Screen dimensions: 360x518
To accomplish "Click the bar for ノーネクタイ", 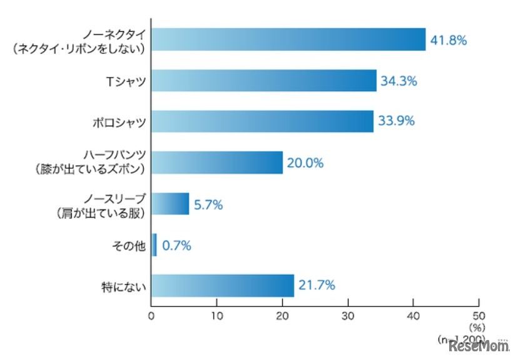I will tap(288, 39).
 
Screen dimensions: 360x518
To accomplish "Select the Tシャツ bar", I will tap(264, 81).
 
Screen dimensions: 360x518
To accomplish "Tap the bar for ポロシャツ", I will tap(262, 121).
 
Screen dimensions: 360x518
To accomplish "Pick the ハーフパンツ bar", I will tap(217, 162).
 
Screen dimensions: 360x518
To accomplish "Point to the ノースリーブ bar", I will tap(170, 204).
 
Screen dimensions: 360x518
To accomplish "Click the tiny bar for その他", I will tap(155, 245).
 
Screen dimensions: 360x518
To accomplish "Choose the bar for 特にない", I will tap(223, 286).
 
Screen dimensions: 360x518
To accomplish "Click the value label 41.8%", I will tap(449, 40).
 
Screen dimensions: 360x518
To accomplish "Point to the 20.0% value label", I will tap(306, 163).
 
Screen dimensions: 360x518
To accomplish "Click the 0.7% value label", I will tap(177, 246).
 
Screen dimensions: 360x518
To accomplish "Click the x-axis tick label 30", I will tap(348, 316).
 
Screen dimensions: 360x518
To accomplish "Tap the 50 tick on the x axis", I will tap(479, 316).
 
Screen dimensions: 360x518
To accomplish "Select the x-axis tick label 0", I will tap(151, 316).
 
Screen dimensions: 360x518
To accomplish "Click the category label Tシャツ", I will tap(126, 81).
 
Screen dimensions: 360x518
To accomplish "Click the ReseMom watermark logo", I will tap(480, 345).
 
